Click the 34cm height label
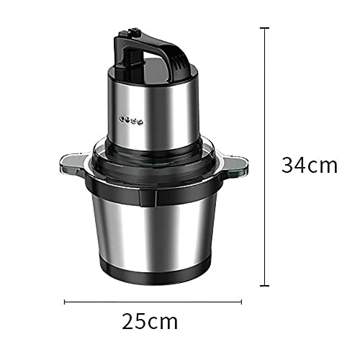pos(309,165)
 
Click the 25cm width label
pos(150,320)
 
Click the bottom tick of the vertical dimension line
pos(266,287)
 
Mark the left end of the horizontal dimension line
pos(65,302)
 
